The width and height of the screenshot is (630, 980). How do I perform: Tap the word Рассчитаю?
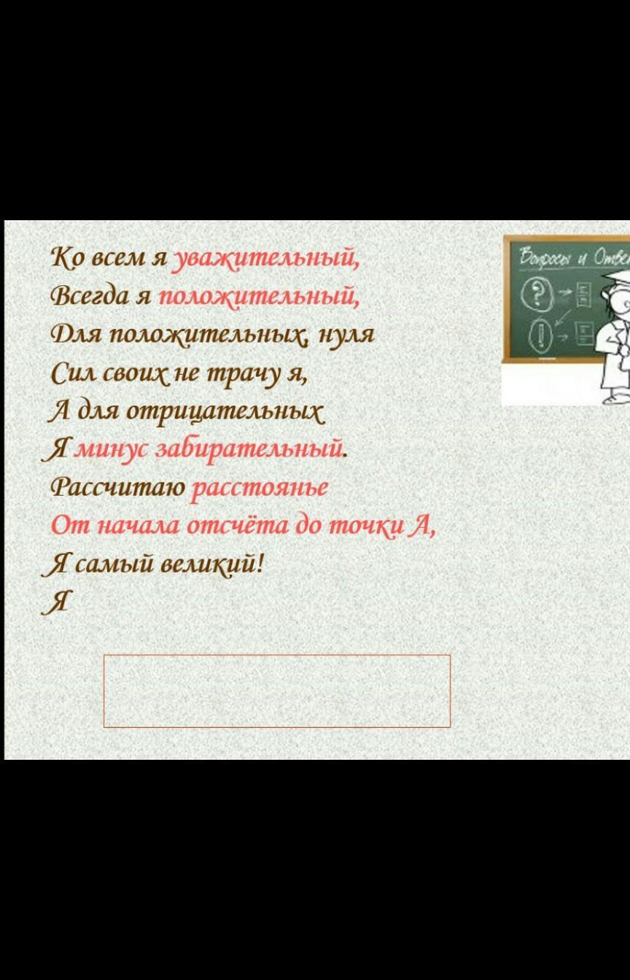(x=118, y=487)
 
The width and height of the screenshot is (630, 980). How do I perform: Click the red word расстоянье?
(x=260, y=489)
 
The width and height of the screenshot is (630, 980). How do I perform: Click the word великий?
(x=212, y=564)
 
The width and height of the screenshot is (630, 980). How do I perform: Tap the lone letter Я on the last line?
(x=55, y=603)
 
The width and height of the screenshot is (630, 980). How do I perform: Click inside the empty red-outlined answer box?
(x=277, y=691)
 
